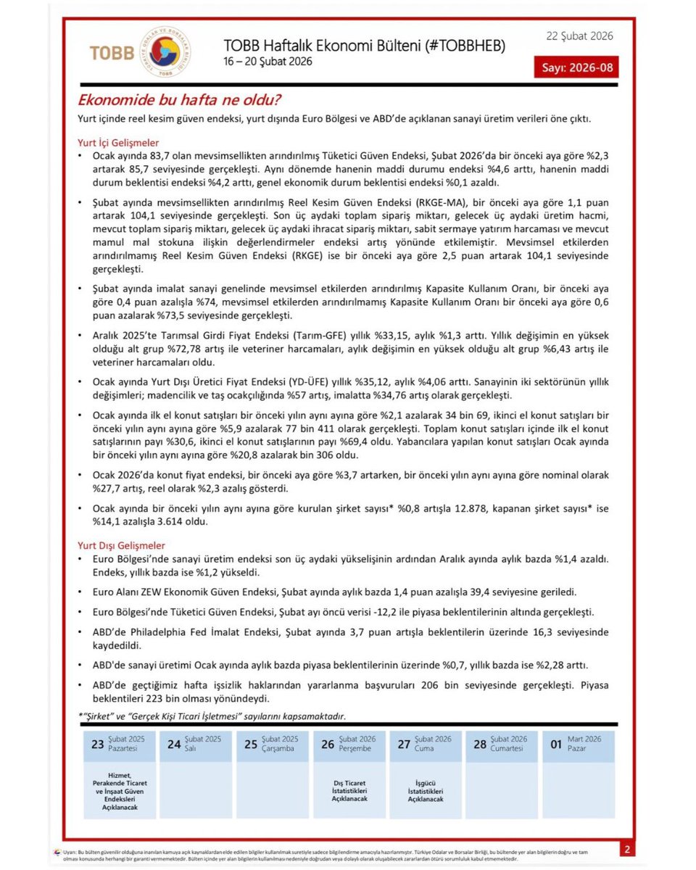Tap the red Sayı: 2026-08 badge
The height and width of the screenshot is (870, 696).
[x=576, y=67]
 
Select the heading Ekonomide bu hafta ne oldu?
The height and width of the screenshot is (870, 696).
[x=180, y=100]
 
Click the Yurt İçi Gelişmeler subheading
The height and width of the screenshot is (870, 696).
[x=118, y=143]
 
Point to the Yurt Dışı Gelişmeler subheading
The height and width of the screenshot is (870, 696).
[x=121, y=544]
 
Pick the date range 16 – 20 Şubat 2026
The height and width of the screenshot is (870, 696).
[x=268, y=62]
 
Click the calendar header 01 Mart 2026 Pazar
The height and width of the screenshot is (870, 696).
[x=577, y=744]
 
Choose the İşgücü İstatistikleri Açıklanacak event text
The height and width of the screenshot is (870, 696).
[x=426, y=791]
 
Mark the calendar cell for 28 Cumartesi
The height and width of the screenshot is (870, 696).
[x=501, y=744]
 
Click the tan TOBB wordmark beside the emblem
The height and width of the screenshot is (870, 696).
[x=112, y=53]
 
